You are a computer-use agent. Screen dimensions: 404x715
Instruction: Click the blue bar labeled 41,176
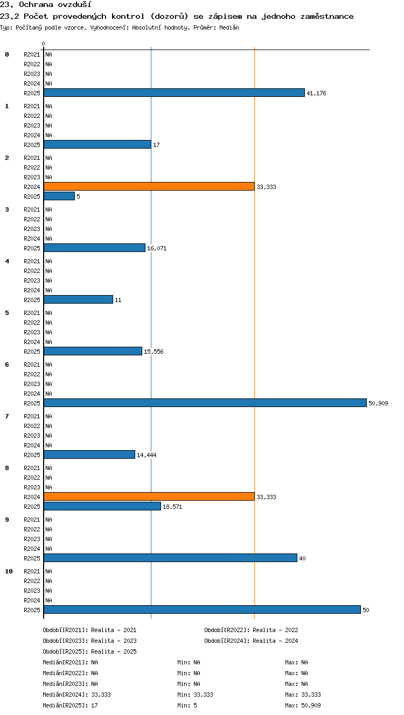click(174, 93)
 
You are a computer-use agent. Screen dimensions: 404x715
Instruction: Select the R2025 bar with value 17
click(97, 145)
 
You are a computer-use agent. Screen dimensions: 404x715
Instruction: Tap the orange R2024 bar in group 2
click(149, 186)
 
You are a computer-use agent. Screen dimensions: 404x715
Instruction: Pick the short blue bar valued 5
click(59, 197)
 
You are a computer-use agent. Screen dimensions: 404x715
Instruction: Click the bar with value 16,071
click(94, 248)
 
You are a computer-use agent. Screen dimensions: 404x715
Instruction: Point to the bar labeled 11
click(78, 300)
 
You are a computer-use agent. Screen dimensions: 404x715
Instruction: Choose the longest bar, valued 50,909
click(205, 403)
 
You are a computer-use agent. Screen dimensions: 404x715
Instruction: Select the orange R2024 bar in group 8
click(149, 496)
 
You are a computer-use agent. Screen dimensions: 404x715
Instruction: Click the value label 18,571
click(172, 507)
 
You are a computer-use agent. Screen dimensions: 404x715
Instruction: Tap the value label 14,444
click(147, 455)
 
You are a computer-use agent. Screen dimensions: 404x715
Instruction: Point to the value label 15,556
click(154, 352)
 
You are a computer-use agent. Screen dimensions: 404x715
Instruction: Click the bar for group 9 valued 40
click(171, 558)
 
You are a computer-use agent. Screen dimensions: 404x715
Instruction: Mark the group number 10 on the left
click(9, 571)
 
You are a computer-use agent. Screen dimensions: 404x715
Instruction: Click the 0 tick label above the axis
click(44, 44)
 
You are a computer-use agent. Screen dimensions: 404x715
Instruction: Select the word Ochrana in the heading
click(36, 4)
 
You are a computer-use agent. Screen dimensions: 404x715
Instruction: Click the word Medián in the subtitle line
click(229, 28)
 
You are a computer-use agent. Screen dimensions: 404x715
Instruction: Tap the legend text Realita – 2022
click(275, 630)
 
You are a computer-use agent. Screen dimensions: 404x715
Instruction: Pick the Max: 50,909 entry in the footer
click(303, 705)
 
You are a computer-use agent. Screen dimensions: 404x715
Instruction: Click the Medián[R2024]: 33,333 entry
click(76, 695)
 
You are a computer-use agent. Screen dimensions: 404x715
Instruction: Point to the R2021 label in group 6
click(32, 364)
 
